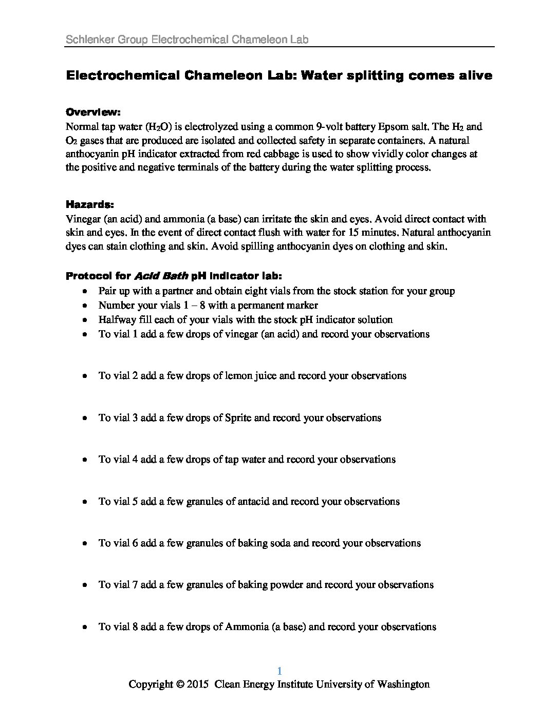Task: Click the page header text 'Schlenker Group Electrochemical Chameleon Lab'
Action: pyautogui.click(x=188, y=39)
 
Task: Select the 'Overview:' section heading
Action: pyautogui.click(x=93, y=112)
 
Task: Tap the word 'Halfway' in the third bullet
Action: pyautogui.click(x=117, y=320)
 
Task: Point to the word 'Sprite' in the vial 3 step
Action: pyautogui.click(x=238, y=418)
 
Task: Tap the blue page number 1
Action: pyautogui.click(x=279, y=671)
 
